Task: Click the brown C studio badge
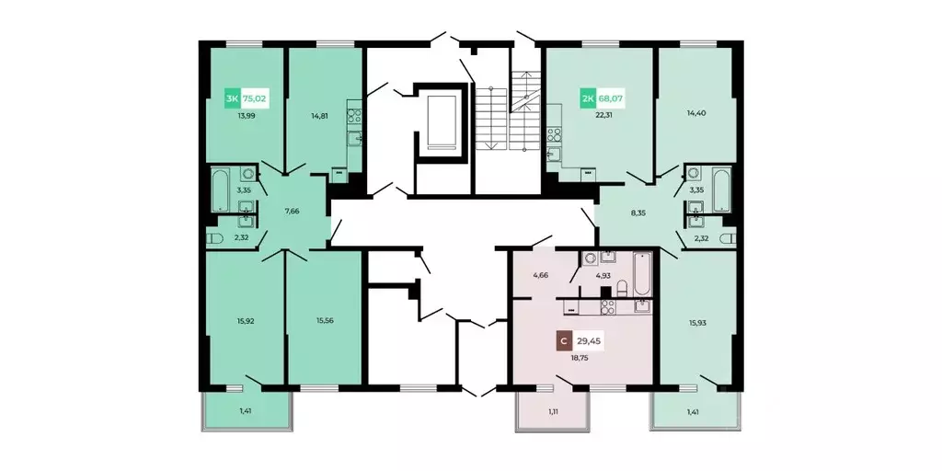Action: [564, 342]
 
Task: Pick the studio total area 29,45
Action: [590, 342]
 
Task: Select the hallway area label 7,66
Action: [292, 211]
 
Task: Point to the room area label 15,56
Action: [325, 320]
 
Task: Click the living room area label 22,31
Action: [602, 117]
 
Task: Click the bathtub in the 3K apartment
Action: [220, 190]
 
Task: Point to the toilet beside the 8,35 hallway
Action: [728, 238]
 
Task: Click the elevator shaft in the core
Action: [442, 121]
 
